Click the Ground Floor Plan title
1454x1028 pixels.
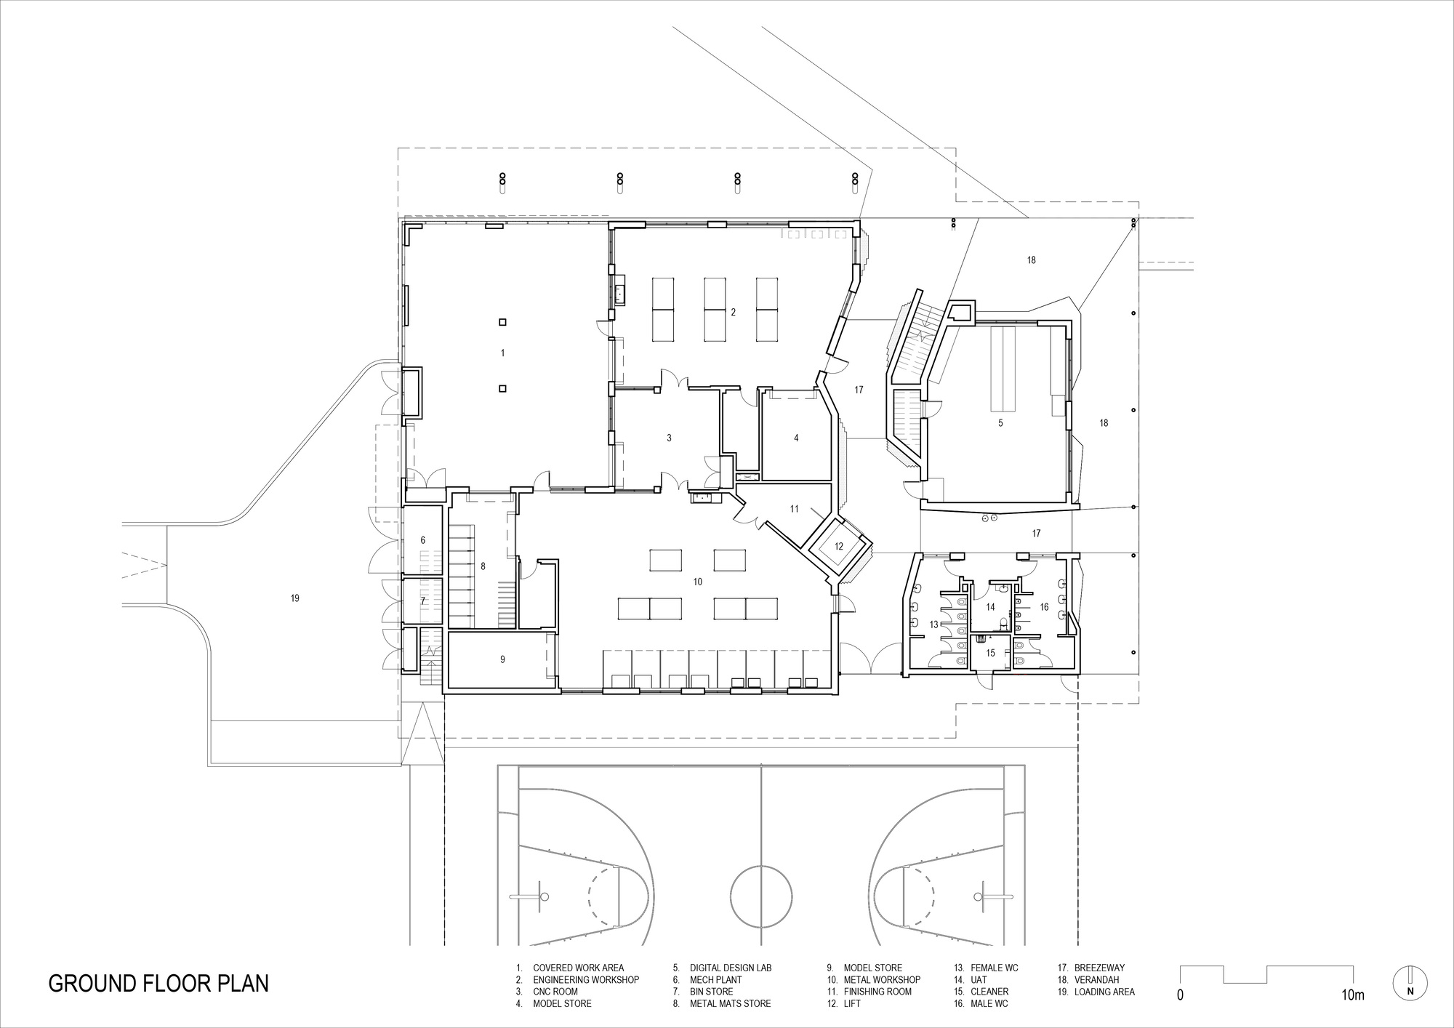[158, 984]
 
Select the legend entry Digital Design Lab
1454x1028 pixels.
[731, 968]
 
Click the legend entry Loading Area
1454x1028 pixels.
[1104, 992]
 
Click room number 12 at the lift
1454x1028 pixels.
[838, 546]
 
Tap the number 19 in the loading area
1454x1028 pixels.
[294, 598]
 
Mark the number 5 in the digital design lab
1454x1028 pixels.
[1000, 422]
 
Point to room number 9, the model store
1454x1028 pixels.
[502, 659]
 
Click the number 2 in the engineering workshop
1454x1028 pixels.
[733, 312]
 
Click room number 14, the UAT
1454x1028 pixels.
[990, 606]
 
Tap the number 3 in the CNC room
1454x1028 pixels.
[669, 438]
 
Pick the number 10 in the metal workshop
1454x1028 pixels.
[698, 582]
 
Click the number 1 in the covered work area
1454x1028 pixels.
[502, 353]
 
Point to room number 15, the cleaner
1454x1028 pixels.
[990, 653]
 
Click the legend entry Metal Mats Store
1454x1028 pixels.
[730, 1003]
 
